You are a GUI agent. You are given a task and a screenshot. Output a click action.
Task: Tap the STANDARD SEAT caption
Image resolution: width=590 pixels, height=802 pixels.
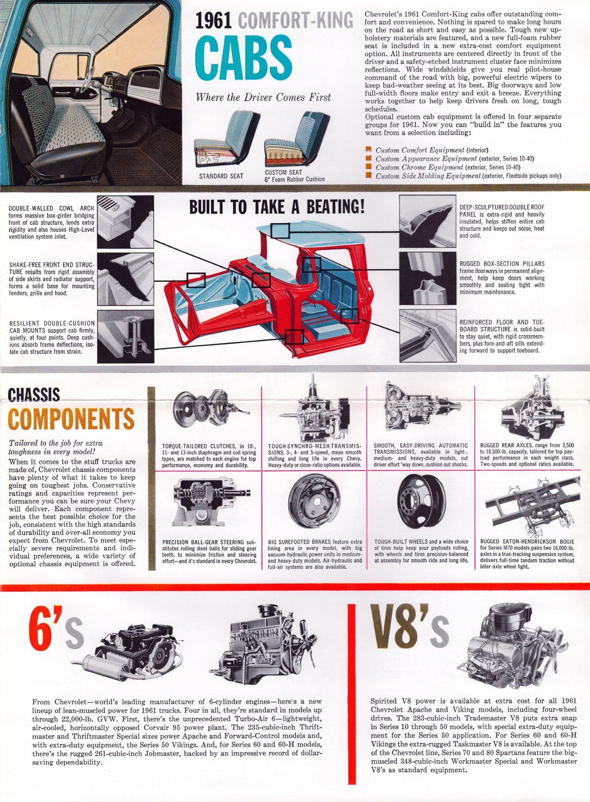click(221, 176)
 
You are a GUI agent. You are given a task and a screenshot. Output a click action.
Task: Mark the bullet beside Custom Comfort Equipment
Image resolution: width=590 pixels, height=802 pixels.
click(368, 150)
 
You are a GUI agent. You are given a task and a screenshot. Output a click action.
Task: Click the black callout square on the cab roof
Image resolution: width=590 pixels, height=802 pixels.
click(280, 231)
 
